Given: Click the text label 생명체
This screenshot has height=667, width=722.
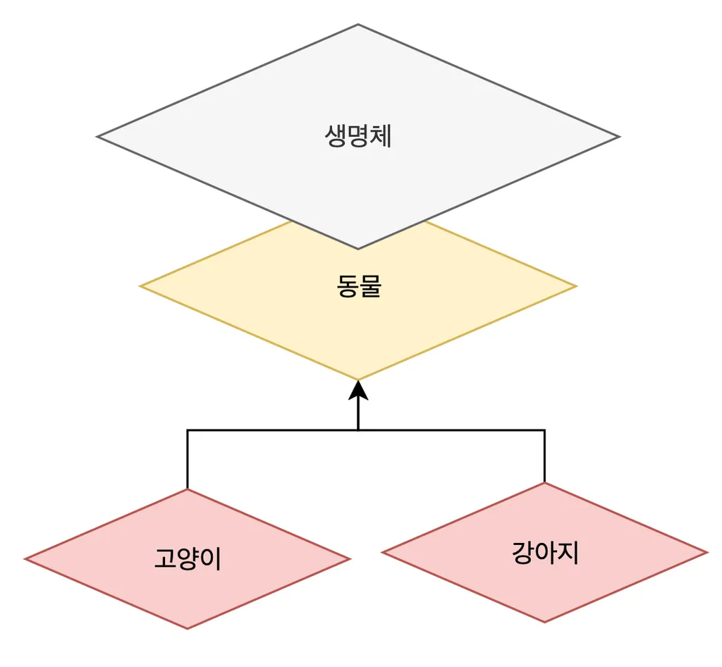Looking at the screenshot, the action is (358, 136).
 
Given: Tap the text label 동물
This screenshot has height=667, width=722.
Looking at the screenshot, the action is (358, 286).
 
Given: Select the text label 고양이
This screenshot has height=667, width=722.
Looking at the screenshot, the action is (188, 559).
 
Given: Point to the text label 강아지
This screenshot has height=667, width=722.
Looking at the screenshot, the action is (544, 552).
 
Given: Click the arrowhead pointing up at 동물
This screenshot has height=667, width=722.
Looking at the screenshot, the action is (358, 390).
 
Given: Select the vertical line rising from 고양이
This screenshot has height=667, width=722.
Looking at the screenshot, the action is (188, 458).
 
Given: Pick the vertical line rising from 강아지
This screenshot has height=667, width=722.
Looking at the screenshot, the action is (544, 455).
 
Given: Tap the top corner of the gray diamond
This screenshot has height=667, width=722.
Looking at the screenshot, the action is (358, 25).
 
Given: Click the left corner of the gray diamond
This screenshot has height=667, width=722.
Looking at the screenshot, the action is (98, 137).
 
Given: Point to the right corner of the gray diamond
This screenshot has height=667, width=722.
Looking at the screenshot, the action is (618, 137).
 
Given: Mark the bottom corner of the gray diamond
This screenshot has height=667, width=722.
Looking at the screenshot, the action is (358, 248).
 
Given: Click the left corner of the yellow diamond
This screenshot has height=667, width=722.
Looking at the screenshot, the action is (141, 286).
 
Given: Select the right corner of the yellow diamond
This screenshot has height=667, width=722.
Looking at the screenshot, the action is (575, 286).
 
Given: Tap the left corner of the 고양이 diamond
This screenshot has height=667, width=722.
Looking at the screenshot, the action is (26, 559).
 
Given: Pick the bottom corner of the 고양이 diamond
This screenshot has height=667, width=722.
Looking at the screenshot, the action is (188, 628).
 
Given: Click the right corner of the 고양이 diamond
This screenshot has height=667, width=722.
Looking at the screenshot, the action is (349, 559).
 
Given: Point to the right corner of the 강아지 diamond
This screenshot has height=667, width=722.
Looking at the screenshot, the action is (706, 552).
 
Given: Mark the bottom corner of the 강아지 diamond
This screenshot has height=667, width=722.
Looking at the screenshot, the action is (544, 622).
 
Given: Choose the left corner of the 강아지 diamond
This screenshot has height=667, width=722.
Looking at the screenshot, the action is (383, 552).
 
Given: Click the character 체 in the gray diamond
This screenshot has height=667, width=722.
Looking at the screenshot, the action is (381, 136).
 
